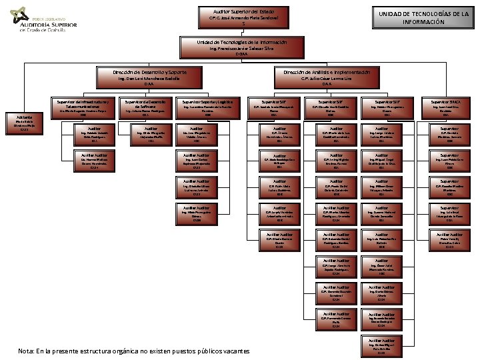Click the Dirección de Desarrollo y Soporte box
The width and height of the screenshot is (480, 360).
(x=139, y=76)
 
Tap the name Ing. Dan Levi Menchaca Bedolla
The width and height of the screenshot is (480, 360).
(x=139, y=78)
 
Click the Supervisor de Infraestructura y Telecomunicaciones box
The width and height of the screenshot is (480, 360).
(x=83, y=107)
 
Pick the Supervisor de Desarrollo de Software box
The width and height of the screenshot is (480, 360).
(x=145, y=107)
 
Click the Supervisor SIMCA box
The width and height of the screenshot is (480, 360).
(x=449, y=107)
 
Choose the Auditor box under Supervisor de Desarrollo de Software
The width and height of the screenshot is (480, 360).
(x=150, y=134)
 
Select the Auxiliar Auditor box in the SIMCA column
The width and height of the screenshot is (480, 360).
(x=449, y=240)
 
